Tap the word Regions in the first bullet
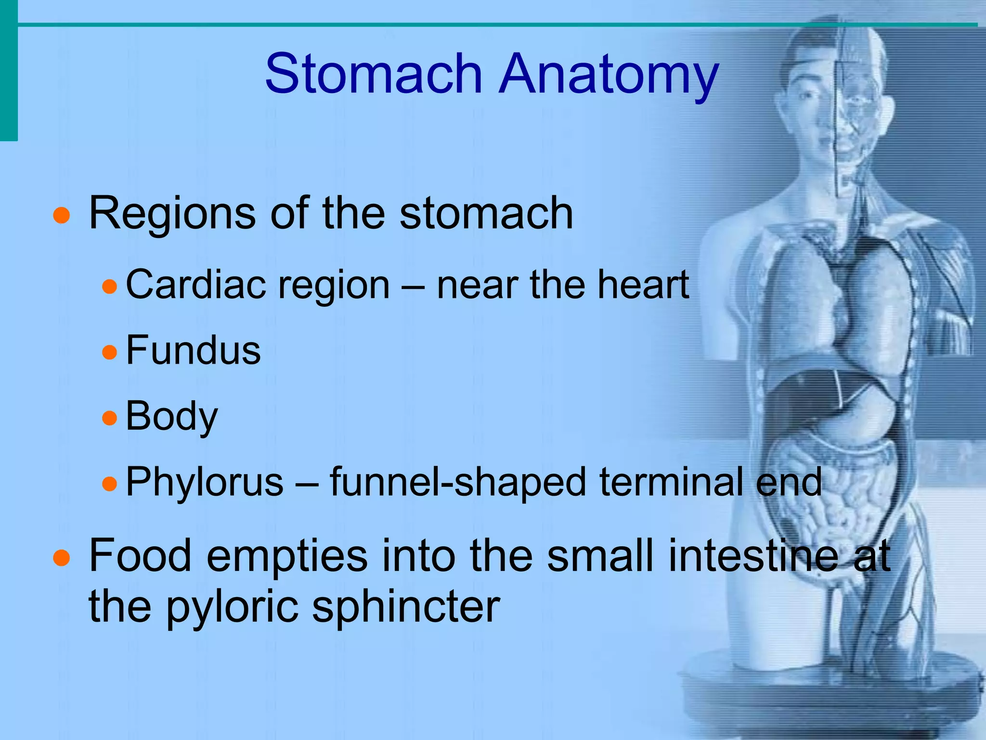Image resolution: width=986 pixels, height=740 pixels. (172, 213)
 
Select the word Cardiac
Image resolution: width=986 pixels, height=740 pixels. (195, 285)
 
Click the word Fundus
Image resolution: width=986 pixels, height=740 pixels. (193, 350)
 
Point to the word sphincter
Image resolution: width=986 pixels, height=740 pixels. (406, 607)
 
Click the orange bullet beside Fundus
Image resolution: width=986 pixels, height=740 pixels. (110, 352)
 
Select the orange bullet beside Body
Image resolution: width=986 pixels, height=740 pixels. (110, 418)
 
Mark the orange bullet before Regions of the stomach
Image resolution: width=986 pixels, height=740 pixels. (62, 215)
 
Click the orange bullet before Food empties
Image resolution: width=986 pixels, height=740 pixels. (62, 558)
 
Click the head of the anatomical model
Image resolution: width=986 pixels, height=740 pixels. (838, 96)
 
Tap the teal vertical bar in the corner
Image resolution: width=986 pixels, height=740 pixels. (8, 70)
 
